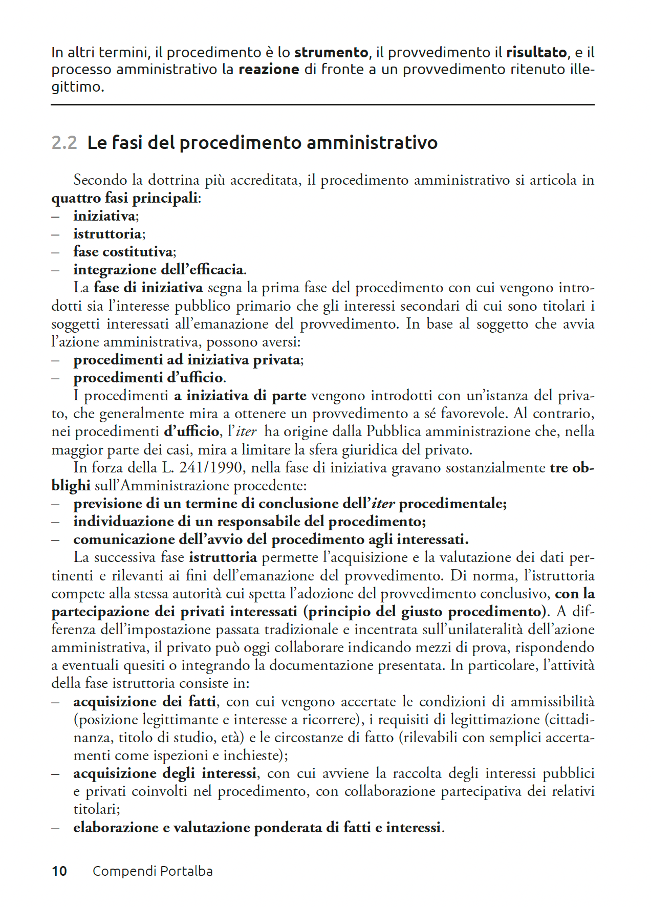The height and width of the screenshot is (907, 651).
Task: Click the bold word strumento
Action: (331, 53)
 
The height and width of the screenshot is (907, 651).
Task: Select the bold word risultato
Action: (536, 53)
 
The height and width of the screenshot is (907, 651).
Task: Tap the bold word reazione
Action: (269, 70)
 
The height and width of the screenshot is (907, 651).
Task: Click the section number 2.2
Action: (64, 143)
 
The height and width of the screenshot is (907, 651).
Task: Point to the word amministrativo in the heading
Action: (372, 143)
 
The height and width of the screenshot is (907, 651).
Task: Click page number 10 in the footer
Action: (59, 871)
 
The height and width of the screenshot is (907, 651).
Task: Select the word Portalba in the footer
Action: (186, 871)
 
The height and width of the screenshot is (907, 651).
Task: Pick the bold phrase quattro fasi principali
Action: (124, 198)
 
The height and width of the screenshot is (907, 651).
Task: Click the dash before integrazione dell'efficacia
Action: (55, 270)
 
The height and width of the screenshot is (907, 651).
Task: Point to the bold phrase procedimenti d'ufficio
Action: (148, 378)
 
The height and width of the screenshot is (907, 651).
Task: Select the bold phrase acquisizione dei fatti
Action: (144, 701)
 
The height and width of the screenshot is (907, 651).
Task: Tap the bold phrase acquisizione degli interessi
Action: (165, 773)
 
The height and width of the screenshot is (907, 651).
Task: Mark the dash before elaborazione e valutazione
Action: (55, 828)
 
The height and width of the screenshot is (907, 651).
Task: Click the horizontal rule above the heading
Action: (322, 105)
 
